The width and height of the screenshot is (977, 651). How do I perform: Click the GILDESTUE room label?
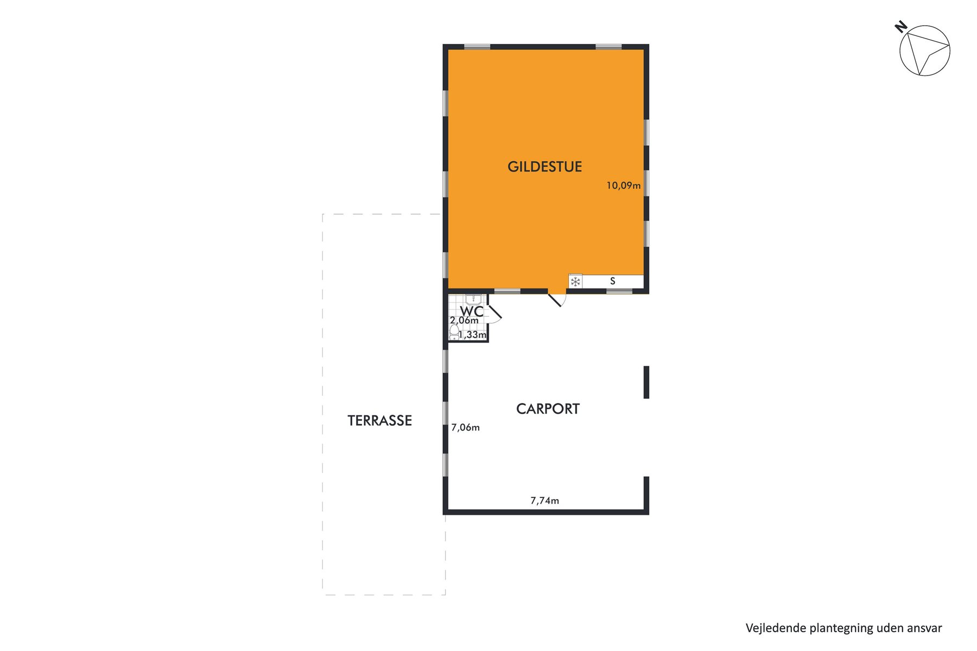pyautogui.click(x=544, y=167)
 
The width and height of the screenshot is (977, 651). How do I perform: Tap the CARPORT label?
pyautogui.click(x=548, y=409)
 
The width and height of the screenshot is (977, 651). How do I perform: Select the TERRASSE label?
pyautogui.click(x=380, y=420)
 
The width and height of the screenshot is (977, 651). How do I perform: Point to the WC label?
pyautogui.click(x=472, y=311)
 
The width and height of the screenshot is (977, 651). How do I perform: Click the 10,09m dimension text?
pyautogui.click(x=624, y=186)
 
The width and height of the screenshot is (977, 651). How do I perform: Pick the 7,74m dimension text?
pyautogui.click(x=544, y=501)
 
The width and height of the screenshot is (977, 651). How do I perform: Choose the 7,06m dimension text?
pyautogui.click(x=465, y=427)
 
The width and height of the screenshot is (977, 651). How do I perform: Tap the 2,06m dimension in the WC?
pyautogui.click(x=464, y=321)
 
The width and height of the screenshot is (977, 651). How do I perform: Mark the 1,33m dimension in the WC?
pyautogui.click(x=472, y=335)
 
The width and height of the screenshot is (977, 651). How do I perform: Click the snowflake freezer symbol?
pyautogui.click(x=575, y=282)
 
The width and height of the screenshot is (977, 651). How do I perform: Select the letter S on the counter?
pyautogui.click(x=613, y=281)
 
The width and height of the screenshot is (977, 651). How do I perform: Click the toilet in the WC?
pyautogui.click(x=454, y=332)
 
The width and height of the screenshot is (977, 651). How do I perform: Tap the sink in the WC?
pyautogui.click(x=473, y=299)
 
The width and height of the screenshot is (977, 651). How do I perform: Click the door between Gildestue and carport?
pyautogui.click(x=557, y=299)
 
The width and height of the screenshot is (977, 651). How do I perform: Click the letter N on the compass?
pyautogui.click(x=901, y=27)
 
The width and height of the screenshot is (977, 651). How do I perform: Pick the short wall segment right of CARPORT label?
pyautogui.click(x=646, y=382)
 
